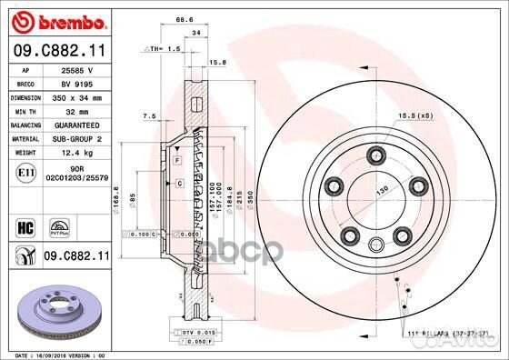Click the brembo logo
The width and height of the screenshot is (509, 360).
[55, 20]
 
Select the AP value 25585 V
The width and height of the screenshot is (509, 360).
[75, 69]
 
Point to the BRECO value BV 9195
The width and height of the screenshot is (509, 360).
[76, 82]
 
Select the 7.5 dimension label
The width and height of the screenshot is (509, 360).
[151, 115]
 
